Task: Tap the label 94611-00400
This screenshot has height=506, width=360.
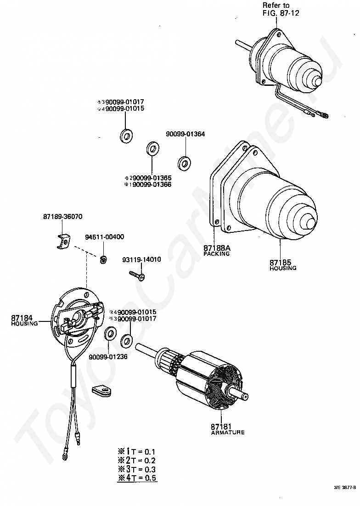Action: click(x=104, y=237)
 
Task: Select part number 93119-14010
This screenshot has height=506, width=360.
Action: click(x=141, y=259)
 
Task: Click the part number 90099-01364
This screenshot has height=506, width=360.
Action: click(x=186, y=135)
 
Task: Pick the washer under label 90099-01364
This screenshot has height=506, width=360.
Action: click(x=185, y=163)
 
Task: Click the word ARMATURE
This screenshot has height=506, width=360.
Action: click(x=228, y=433)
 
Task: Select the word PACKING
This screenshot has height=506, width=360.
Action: click(x=216, y=253)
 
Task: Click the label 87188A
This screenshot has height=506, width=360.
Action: click(x=217, y=248)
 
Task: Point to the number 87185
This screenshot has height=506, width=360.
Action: click(x=280, y=263)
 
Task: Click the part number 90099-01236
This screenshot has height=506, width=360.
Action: click(x=108, y=356)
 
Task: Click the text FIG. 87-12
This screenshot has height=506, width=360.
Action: click(x=281, y=12)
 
